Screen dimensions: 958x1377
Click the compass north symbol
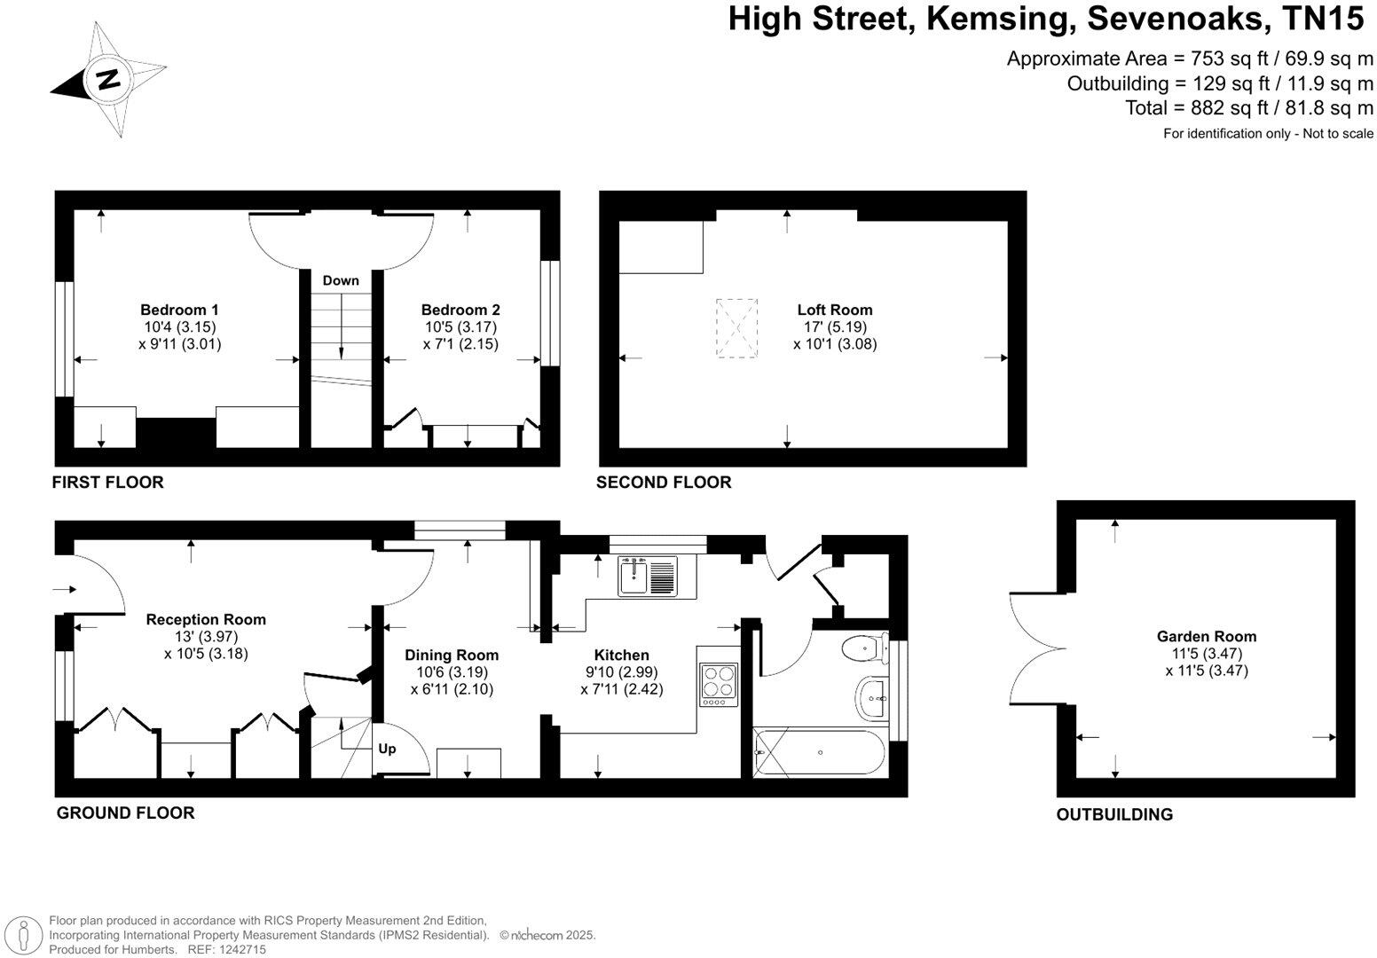pyautogui.click(x=108, y=81)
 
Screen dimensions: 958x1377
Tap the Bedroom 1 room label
pyautogui.click(x=179, y=310)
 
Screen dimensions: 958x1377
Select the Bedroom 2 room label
pyautogui.click(x=460, y=310)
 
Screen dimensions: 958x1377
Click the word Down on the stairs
pyautogui.click(x=341, y=280)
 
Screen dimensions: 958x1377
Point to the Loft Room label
pyautogui.click(x=835, y=310)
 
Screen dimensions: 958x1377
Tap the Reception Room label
pyautogui.click(x=206, y=619)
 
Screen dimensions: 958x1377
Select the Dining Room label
pyautogui.click(x=452, y=655)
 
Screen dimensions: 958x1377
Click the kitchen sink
pyautogui.click(x=648, y=577)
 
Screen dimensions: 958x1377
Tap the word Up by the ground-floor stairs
pyautogui.click(x=387, y=749)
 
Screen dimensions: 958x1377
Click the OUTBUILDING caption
pyautogui.click(x=1113, y=814)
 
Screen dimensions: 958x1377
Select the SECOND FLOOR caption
pyautogui.click(x=664, y=483)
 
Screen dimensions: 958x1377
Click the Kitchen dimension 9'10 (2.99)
pyautogui.click(x=621, y=672)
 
